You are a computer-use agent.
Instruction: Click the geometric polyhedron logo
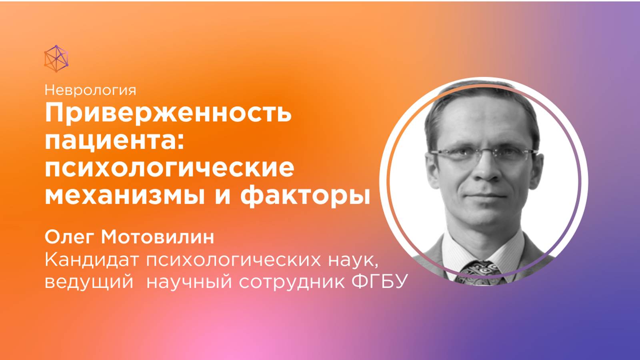click(x=56, y=59)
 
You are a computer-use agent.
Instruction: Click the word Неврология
click(x=90, y=90)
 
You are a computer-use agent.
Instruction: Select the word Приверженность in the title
click(x=168, y=113)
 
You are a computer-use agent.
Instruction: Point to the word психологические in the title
click(x=169, y=168)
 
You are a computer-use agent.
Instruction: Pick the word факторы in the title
click(x=305, y=196)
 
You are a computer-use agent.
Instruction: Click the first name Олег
click(x=69, y=237)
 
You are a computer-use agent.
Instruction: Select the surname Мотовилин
click(x=158, y=237)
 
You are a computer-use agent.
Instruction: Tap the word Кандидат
click(x=92, y=260)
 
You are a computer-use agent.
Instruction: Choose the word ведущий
click(x=89, y=282)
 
